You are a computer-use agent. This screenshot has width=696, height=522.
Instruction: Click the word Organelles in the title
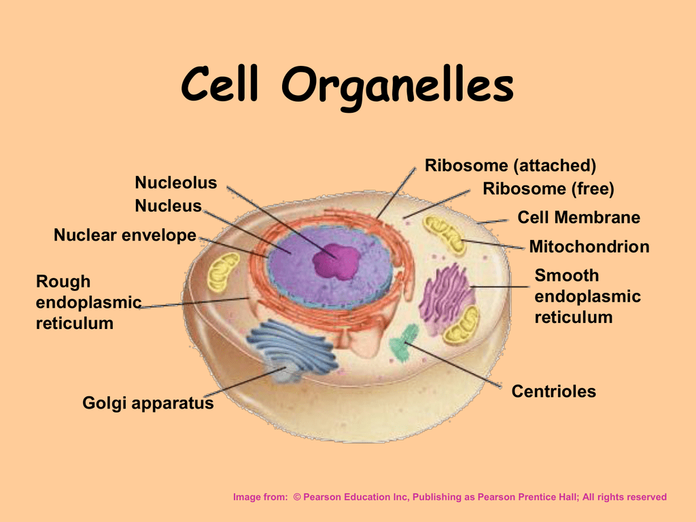(398, 87)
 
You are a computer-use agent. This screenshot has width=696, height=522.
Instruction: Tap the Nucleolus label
(175, 183)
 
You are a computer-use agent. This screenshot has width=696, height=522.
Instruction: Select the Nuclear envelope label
(124, 236)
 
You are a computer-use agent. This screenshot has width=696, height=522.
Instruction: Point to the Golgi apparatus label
(147, 403)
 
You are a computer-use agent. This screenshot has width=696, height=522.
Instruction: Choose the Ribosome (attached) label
(510, 165)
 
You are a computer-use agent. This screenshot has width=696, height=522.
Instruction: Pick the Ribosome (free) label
(548, 189)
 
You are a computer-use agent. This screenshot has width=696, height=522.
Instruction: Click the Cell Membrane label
(578, 217)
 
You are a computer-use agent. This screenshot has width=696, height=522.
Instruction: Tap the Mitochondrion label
(589, 247)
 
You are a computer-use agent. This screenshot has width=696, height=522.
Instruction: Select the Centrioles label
(553, 391)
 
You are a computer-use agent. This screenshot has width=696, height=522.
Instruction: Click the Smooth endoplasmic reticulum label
(587, 296)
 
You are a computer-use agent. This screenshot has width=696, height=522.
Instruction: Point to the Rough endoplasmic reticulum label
(88, 302)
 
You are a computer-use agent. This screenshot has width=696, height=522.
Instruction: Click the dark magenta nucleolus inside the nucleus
(336, 261)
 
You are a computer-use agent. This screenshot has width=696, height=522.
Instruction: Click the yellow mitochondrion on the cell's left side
(224, 271)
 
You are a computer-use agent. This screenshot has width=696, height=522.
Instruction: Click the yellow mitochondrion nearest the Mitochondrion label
(445, 234)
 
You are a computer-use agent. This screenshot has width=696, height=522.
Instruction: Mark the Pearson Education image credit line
(449, 498)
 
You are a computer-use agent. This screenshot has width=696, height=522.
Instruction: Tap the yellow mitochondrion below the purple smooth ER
(462, 326)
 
